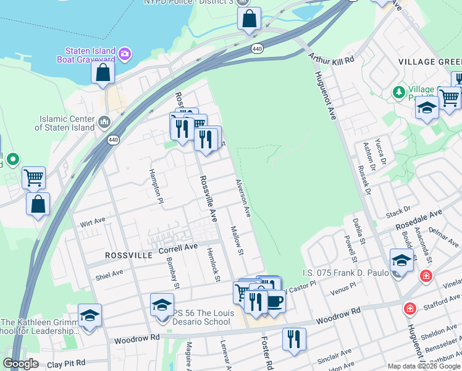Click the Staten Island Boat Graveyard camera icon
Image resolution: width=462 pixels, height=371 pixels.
125,55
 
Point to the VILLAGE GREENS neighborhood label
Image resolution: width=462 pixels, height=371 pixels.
430,62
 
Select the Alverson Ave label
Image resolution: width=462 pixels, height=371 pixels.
243,198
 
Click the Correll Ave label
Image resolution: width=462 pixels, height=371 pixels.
178,248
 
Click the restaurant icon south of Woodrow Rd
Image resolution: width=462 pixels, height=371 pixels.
294,339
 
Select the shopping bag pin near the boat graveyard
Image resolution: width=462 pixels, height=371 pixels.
103,72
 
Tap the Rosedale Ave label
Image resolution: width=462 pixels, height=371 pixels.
419,217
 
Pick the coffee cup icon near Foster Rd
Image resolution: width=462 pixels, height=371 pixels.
274,301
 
